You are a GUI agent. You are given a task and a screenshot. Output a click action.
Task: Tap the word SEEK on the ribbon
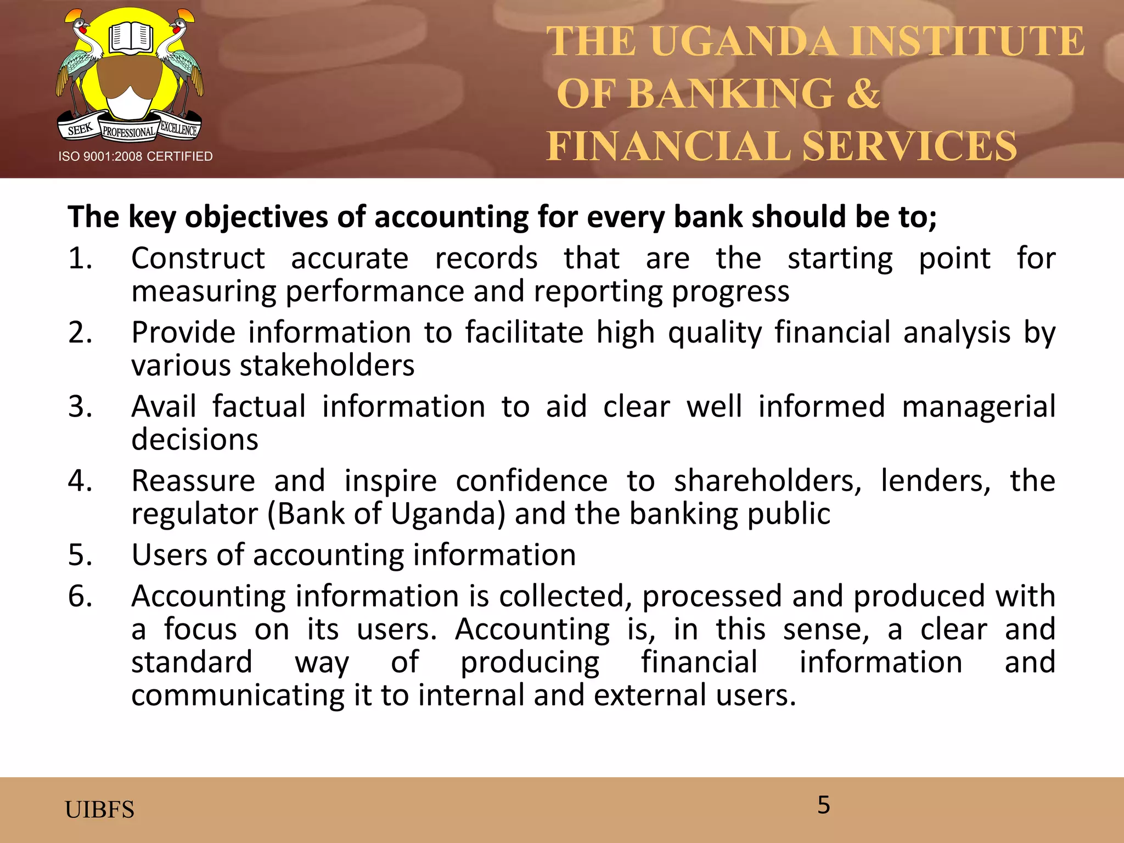(80, 129)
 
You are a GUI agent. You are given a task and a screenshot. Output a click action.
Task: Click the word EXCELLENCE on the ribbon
(178, 128)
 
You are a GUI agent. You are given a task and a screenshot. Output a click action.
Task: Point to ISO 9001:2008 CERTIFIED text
(136, 156)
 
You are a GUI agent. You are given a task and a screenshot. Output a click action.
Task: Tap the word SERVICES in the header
(909, 146)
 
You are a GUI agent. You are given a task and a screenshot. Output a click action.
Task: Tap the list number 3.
(80, 407)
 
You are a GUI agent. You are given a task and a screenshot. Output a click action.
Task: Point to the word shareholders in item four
(768, 481)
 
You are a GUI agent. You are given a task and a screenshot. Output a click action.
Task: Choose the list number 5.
(80, 555)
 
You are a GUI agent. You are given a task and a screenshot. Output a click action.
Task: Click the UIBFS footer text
(99, 810)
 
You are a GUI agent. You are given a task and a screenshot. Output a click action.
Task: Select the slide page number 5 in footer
(823, 805)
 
